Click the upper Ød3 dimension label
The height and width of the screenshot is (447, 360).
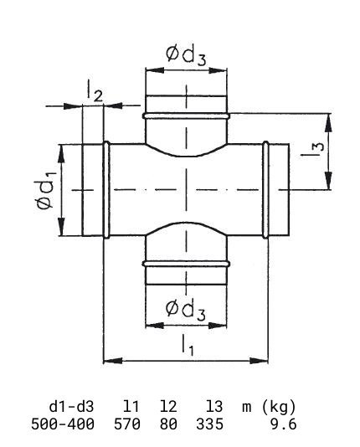186,55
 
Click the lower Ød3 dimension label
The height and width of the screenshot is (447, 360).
186,310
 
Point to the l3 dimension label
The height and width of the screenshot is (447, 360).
312,150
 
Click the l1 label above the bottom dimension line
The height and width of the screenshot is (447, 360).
188,345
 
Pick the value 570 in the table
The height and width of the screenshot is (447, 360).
127,424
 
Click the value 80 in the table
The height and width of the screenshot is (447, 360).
168,424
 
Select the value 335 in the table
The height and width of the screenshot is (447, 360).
209,424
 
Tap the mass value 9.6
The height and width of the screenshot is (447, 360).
283,424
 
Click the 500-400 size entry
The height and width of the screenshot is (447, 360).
63,424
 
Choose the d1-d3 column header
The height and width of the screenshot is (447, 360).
71,407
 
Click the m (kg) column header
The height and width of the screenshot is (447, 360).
269,407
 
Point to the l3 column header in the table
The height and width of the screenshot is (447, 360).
214,407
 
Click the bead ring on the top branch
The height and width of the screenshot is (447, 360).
186,116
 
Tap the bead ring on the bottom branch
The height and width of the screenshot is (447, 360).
186,264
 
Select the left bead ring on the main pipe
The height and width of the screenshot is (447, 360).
106,189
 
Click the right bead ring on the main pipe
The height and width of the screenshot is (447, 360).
265,189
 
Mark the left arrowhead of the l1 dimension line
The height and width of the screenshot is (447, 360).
112,361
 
